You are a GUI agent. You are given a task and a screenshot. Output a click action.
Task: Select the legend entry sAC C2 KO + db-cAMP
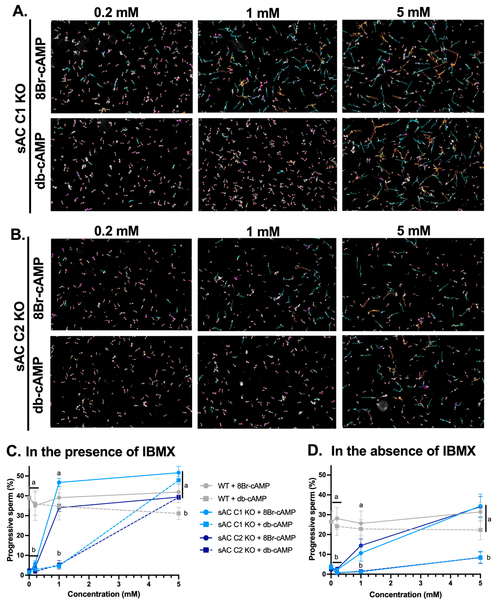click(x=255, y=550)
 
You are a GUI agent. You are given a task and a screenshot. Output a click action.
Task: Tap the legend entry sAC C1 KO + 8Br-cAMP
click(x=256, y=512)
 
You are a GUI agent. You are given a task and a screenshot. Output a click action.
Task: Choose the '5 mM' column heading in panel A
click(x=413, y=12)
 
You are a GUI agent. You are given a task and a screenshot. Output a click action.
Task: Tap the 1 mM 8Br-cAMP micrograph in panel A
click(x=267, y=67)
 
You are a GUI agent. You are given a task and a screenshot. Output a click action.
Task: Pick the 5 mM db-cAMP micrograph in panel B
click(x=413, y=381)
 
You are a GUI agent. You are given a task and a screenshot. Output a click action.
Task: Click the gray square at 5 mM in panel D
click(x=480, y=530)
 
